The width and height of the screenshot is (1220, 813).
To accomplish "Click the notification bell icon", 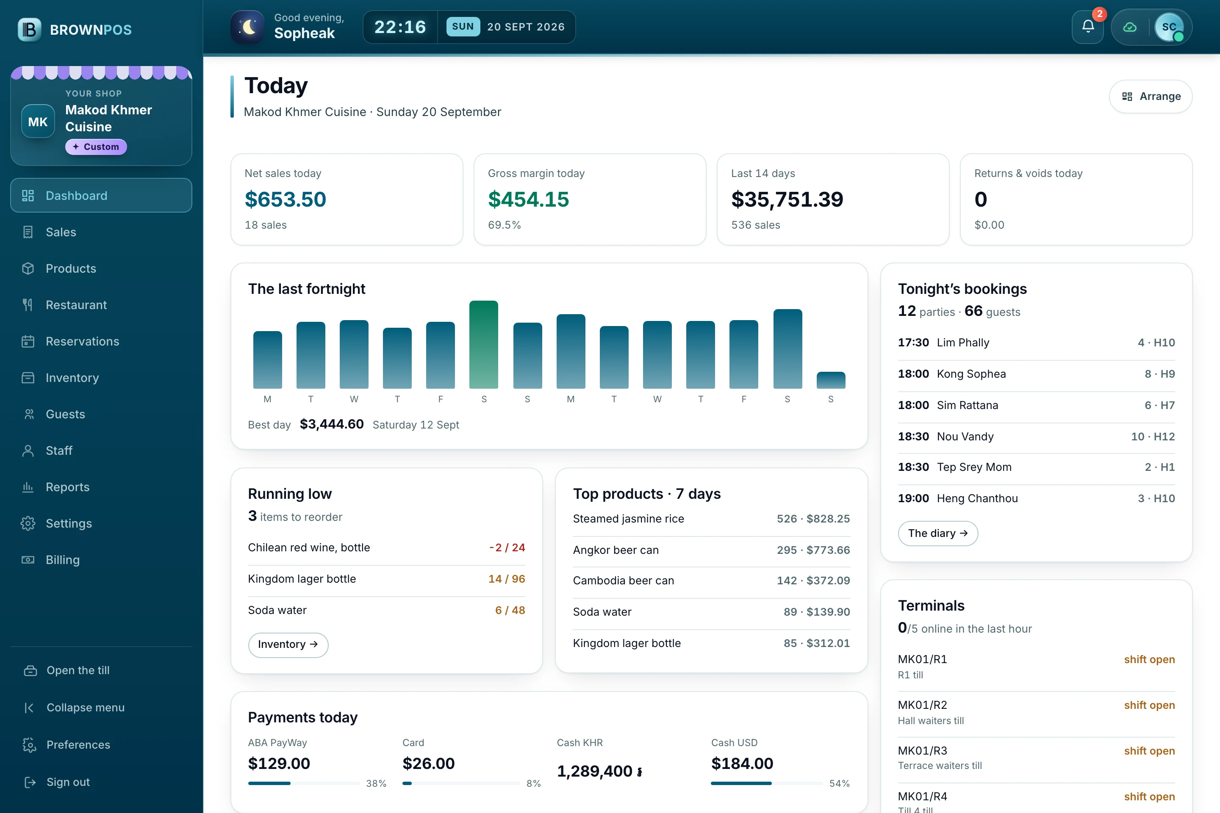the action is pos(1088,26).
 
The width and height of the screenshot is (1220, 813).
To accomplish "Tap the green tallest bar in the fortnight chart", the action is pos(483,344).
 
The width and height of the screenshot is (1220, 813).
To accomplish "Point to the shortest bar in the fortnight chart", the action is pos(830,380).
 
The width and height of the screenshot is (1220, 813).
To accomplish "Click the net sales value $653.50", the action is pos(285,199).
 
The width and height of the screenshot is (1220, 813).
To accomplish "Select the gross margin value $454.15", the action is pos(528,199).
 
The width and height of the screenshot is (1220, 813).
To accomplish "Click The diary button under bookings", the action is pos(938,533).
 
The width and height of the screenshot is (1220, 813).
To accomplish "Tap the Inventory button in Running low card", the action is pos(288,644).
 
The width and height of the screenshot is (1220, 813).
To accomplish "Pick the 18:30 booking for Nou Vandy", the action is pos(1036,437).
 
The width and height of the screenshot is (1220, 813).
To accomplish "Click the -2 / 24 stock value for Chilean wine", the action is pos(507,548).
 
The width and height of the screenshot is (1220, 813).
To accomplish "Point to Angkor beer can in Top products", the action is pos(616,550).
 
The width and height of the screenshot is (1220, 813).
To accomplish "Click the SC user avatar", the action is pos(1169,27).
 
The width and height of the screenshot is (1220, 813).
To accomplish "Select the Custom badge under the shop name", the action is pos(96,147).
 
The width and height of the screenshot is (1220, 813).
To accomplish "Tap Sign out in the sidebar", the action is pos(68,782).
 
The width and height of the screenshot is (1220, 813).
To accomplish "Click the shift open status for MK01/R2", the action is pos(1149,705).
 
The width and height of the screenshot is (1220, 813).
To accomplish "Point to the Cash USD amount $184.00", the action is pos(742,763).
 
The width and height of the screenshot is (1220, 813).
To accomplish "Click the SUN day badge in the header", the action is pos(463,26).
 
